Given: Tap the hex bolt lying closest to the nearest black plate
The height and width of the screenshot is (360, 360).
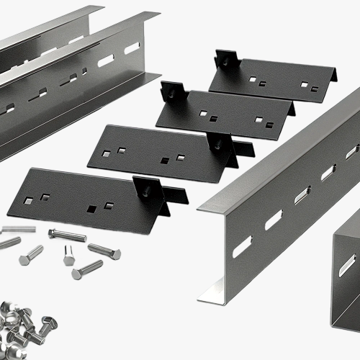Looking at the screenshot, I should pos(66,235).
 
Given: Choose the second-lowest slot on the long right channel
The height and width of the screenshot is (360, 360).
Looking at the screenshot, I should pos(274,220).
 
